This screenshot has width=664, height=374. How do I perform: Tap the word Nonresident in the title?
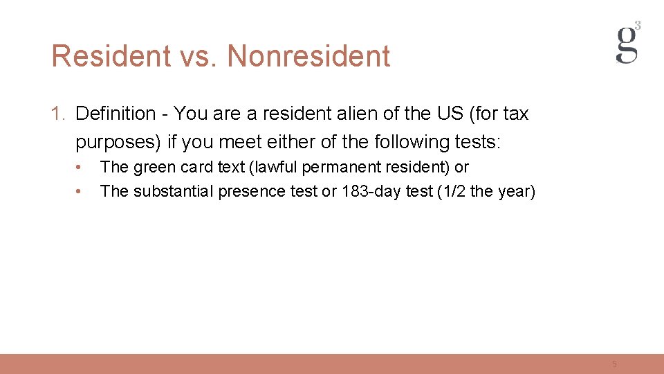point(308,56)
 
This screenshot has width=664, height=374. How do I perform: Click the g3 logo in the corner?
point(628,43)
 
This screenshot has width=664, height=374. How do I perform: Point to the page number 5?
point(614,364)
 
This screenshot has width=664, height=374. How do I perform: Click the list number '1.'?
point(59,114)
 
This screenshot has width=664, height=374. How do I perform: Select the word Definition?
point(116,114)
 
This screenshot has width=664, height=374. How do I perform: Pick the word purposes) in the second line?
point(118,142)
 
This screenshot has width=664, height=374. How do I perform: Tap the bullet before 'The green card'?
point(80,167)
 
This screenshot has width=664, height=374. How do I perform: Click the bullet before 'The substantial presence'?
point(80,191)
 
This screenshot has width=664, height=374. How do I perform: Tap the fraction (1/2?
point(447,191)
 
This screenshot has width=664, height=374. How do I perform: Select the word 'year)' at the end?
point(516,191)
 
